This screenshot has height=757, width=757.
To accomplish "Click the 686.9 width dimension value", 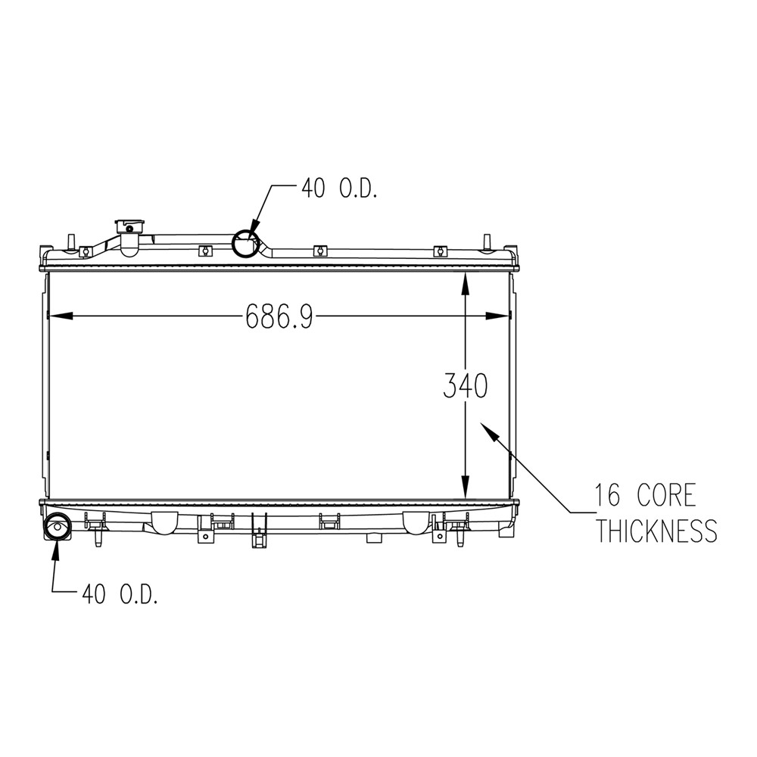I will [x=279, y=316].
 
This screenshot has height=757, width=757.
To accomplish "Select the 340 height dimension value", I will [x=466, y=387].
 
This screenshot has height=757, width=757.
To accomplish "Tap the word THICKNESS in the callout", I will [x=656, y=531].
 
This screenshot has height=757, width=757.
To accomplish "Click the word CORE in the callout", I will [x=664, y=496].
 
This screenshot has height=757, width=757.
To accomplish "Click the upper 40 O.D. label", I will [x=339, y=188].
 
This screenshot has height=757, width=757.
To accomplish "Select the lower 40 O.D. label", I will [x=120, y=594].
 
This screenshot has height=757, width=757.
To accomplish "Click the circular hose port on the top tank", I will [x=245, y=245].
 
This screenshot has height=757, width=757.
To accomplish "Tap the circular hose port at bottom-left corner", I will [x=58, y=525].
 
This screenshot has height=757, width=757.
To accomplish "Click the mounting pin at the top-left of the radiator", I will [x=71, y=240].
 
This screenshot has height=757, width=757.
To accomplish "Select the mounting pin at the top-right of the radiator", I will [x=488, y=240].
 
